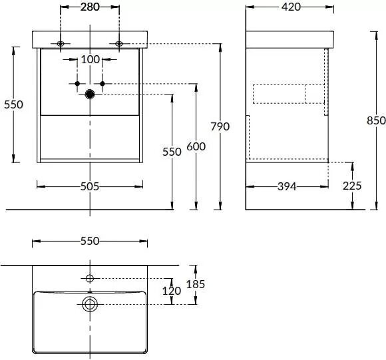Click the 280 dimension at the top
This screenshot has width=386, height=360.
[x=90, y=7]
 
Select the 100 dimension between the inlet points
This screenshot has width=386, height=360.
[x=90, y=59]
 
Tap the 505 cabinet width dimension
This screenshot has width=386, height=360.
[x=89, y=186]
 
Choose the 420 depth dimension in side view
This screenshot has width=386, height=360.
[x=290, y=7]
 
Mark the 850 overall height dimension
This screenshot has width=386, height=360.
[x=376, y=120]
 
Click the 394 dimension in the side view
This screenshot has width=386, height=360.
[x=287, y=186]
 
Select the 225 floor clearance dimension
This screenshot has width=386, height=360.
[x=353, y=186]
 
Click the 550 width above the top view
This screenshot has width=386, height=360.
[x=89, y=241]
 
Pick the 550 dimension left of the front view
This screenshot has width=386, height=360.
[x=13, y=104]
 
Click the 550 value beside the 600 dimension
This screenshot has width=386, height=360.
[x=172, y=151]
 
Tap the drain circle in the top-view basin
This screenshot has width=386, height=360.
[x=90, y=304]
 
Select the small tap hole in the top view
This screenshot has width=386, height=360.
[x=90, y=277]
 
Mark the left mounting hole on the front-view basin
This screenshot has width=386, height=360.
[x=61, y=44]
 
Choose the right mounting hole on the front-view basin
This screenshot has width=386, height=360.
[x=119, y=44]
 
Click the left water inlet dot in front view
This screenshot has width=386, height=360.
[x=77, y=83]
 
